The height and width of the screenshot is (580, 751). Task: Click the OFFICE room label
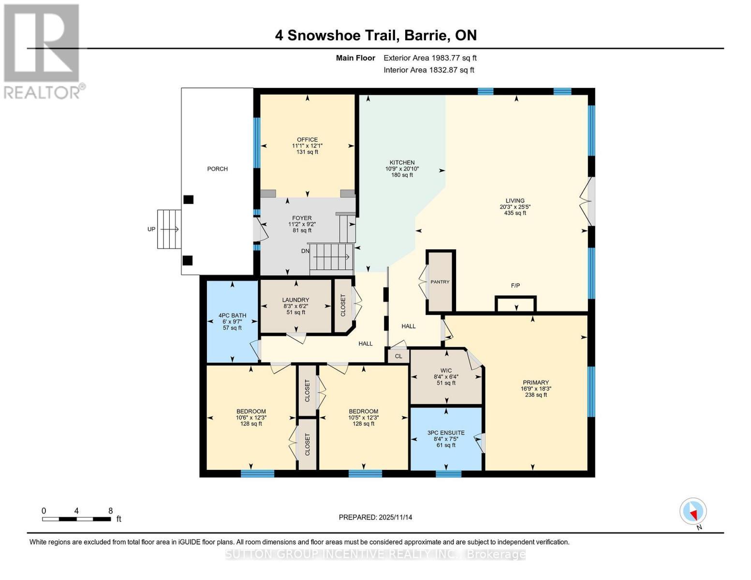pos(307,140)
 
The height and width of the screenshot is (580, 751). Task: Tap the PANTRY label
pos(440,282)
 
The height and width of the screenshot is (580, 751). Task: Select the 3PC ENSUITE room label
pos(446,433)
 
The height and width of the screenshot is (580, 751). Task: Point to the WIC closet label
pos(446,371)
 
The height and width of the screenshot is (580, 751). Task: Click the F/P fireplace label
pos(515,286)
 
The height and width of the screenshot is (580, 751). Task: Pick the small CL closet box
pos(398,356)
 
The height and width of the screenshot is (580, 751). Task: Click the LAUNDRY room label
pos(295,300)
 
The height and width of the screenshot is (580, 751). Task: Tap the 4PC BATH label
pos(232,316)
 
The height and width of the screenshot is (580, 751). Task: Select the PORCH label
pos(217,169)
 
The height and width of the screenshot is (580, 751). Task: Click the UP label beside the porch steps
pos(151,229)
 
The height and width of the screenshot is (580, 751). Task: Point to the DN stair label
pos(305,251)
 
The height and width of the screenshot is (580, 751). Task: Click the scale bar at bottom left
pos(76,519)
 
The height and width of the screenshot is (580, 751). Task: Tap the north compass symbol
pos(693,511)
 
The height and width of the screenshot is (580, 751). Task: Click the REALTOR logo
pos(43,51)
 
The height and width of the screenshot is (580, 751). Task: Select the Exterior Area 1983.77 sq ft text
pos(430,58)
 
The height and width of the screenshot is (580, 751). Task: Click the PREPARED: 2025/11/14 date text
pos(375,517)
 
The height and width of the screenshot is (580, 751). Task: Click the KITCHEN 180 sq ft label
pos(402,175)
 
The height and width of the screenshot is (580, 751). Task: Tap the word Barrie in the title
pos(426,35)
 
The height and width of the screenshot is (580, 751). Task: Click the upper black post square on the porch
pos(188,199)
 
